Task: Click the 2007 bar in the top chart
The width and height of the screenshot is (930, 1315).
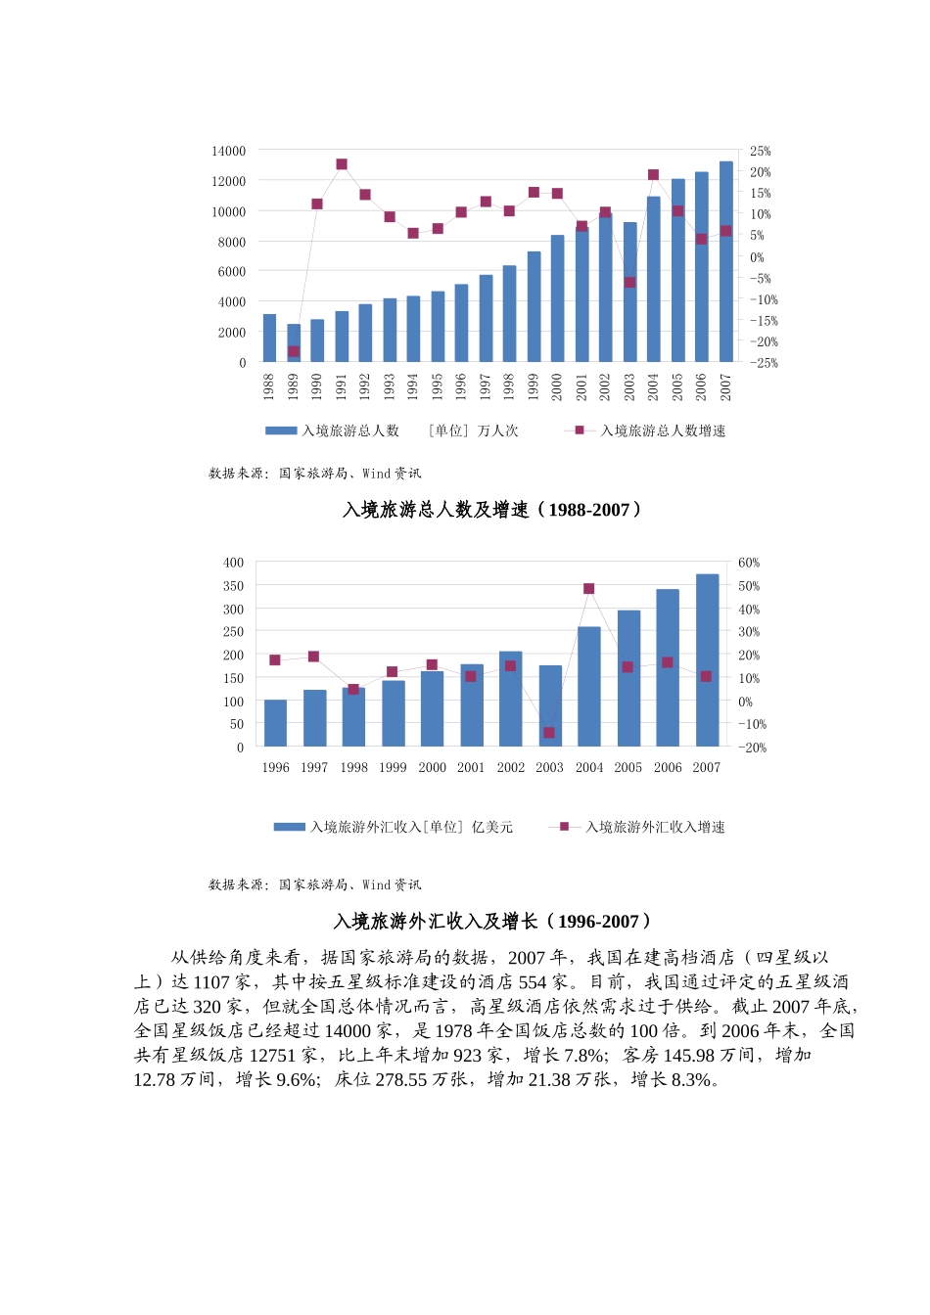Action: (x=726, y=262)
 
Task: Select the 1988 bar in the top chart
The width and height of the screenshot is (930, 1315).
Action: (x=269, y=339)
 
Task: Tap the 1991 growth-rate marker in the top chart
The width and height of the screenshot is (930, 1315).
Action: (x=342, y=164)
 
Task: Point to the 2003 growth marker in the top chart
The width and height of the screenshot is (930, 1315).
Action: (x=629, y=283)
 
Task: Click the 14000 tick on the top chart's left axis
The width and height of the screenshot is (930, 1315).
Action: (x=229, y=151)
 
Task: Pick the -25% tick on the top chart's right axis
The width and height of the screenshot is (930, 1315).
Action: (x=764, y=363)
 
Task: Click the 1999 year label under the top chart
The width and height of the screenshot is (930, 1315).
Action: (x=534, y=386)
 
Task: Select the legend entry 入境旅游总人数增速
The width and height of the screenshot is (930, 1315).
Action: (x=662, y=431)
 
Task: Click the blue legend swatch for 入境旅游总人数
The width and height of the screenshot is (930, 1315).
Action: (x=281, y=431)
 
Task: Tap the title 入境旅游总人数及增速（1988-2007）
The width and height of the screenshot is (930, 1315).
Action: (x=493, y=510)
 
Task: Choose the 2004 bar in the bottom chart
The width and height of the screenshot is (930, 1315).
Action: (x=589, y=687)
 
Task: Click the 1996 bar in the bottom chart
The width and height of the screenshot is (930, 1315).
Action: (x=275, y=723)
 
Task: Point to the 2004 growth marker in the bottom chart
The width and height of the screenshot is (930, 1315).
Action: (x=589, y=589)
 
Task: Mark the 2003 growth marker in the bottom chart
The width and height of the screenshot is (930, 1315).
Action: (x=549, y=733)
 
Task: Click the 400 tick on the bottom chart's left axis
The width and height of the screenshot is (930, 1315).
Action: (x=233, y=563)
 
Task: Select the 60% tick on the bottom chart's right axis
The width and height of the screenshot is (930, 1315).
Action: (x=749, y=563)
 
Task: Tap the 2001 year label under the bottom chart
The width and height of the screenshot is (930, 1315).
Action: (x=471, y=768)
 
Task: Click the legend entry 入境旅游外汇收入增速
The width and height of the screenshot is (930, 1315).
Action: (x=655, y=827)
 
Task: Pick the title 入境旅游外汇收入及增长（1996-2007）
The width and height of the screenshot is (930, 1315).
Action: (x=493, y=922)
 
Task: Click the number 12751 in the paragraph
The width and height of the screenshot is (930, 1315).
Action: (x=272, y=1056)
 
